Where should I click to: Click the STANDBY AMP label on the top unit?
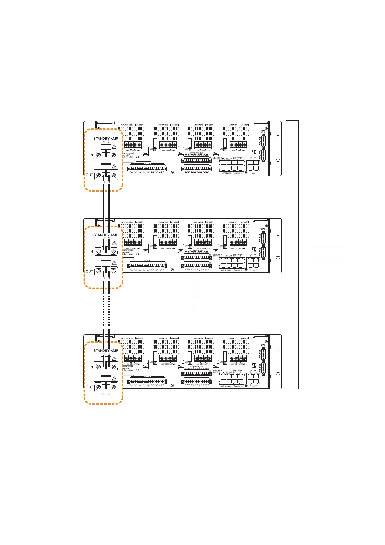pyautogui.click(x=106, y=139)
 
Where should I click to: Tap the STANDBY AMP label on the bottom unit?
pyautogui.click(x=106, y=350)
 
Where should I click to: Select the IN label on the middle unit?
pyautogui.click(x=91, y=251)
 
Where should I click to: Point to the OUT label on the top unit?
pyautogui.click(x=89, y=175)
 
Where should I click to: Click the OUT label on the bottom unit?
pyautogui.click(x=89, y=387)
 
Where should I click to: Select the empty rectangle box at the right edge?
pyautogui.click(x=327, y=253)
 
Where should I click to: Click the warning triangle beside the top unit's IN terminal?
pyautogui.click(x=114, y=147)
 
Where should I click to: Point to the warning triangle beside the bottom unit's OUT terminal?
pyautogui.click(x=114, y=378)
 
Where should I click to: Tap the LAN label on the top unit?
pyautogui.click(x=253, y=173)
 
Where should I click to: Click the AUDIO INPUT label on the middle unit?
pyautogui.click(x=262, y=229)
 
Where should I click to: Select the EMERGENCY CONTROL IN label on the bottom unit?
pyautogui.click(x=218, y=371)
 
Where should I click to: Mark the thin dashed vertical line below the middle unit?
pyautogui.click(x=193, y=298)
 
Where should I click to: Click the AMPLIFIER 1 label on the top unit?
pyautogui.click(x=234, y=125)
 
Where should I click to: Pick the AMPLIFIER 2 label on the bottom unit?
pyautogui.click(x=198, y=338)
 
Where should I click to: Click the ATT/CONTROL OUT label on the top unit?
pyautogui.click(x=196, y=153)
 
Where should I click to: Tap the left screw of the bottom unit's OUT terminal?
pyautogui.click(x=98, y=387)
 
